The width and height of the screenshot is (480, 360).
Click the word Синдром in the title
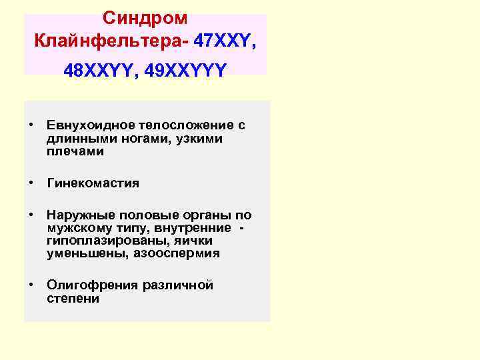145,18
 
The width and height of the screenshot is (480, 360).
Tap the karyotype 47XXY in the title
219,42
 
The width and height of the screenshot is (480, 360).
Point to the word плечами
75,151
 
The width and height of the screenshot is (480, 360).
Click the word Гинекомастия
93,183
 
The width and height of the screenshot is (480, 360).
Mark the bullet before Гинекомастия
31,183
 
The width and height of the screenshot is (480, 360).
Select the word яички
190,241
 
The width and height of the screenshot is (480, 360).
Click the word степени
73,299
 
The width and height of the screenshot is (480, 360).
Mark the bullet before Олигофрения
31,285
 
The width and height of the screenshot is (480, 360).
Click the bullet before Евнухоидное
31,126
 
